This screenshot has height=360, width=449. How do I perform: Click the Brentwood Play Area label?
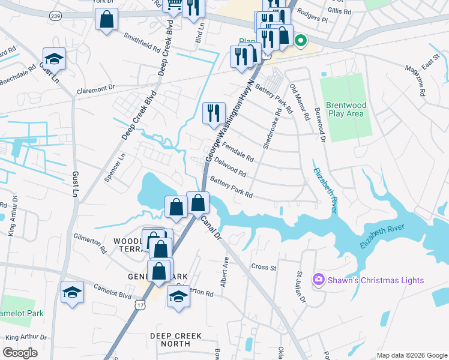[x=346, y=109]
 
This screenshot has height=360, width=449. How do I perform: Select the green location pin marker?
[x=300, y=41]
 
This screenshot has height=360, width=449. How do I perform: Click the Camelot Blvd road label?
[x=112, y=292]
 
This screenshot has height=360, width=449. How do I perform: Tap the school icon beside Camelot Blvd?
[x=72, y=293]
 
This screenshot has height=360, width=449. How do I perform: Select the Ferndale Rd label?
[x=238, y=154]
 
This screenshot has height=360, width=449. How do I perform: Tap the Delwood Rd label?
[x=231, y=167]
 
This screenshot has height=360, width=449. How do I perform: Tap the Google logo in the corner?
[x=20, y=353]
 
